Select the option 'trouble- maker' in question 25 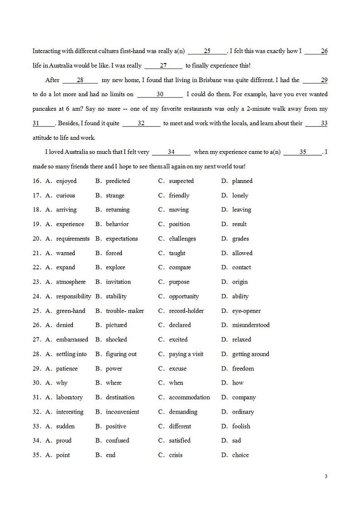(125, 311)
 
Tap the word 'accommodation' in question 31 (189, 397)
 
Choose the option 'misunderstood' (251, 325)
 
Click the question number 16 (37, 181)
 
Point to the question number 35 (37, 455)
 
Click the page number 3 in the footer (326, 476)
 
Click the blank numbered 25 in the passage (207, 51)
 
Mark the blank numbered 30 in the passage (160, 94)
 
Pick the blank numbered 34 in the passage (171, 152)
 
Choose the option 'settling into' (71, 354)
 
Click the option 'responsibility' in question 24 (73, 296)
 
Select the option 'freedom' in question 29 (243, 369)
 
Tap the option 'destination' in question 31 (120, 397)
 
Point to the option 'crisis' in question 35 (175, 455)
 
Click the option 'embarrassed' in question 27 (72, 340)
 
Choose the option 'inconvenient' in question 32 (122, 412)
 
